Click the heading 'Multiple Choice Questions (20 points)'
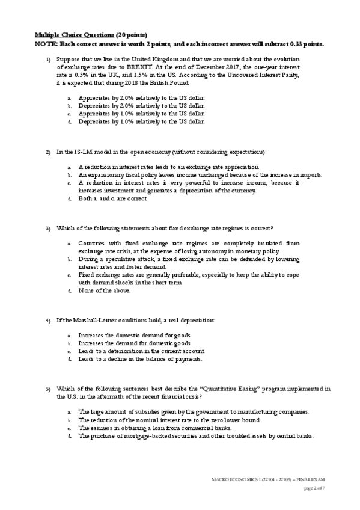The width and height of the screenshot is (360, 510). (90, 35)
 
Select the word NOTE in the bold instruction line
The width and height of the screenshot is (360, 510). (44, 44)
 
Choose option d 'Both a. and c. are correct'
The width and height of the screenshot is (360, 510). (112, 198)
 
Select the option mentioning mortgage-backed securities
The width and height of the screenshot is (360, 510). (196, 435)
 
